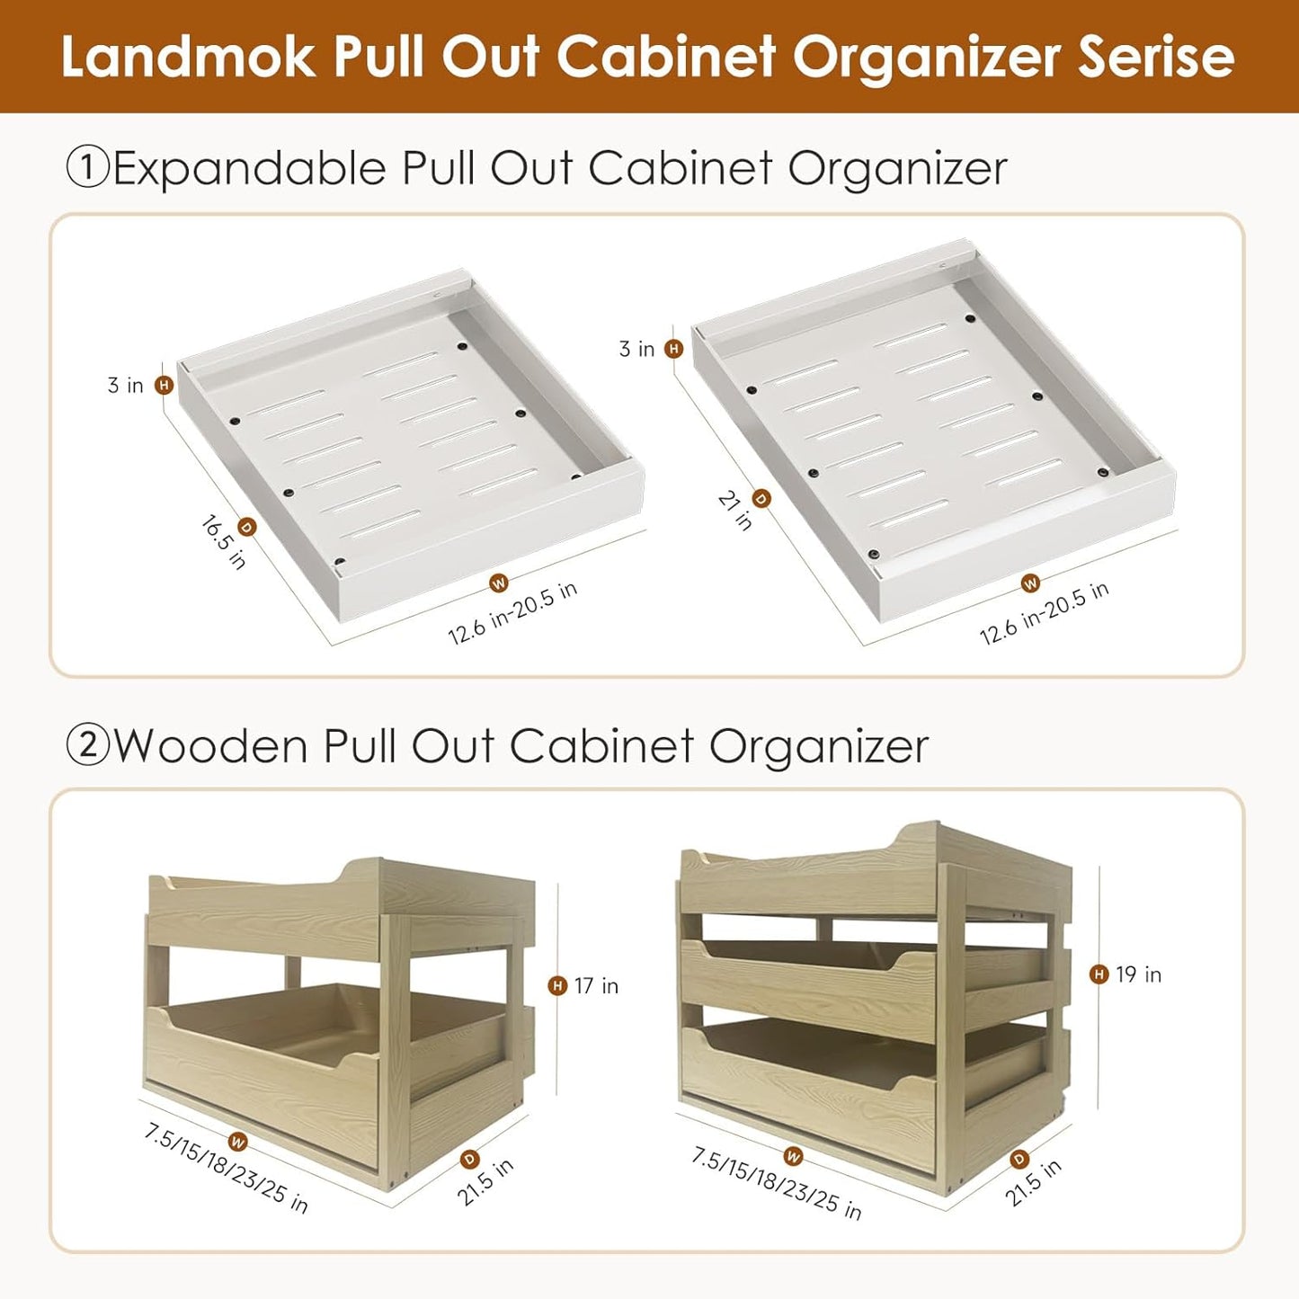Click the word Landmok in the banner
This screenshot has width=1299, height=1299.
[x=187, y=57]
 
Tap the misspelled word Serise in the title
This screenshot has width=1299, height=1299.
[x=1155, y=57]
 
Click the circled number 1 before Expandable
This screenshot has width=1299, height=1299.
[x=87, y=168]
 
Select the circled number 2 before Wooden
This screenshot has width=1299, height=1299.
[x=87, y=746]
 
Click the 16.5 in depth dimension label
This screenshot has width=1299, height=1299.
[x=223, y=542]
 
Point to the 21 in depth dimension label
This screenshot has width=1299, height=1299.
[x=735, y=511]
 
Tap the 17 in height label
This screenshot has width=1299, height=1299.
[x=596, y=986]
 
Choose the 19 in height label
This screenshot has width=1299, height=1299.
[x=1139, y=974]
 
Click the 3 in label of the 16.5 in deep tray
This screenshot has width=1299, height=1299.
[x=125, y=385]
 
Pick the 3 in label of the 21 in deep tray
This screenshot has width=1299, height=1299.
[x=637, y=349]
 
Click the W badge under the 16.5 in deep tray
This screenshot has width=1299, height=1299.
[x=499, y=583]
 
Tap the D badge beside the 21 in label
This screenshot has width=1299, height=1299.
[x=761, y=499]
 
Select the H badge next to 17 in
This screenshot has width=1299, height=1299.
[x=557, y=986]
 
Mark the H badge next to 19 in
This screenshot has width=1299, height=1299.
[x=1099, y=974]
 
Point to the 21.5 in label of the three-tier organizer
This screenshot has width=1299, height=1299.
[x=1034, y=1182]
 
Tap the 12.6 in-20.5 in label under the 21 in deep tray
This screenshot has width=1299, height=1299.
[x=1045, y=613]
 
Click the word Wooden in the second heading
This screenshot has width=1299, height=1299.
[x=210, y=746]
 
